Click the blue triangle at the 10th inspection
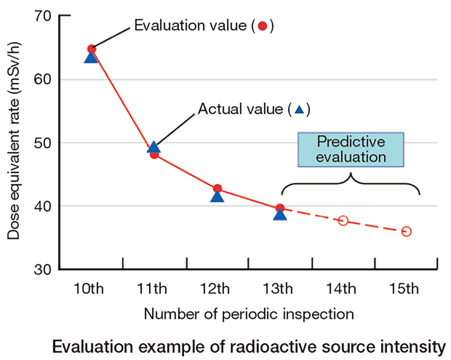pyautogui.click(x=91, y=57)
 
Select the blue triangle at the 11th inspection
pyautogui.click(x=154, y=148)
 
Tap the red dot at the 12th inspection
pyautogui.click(x=218, y=188)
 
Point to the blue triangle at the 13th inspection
pyautogui.click(x=280, y=215)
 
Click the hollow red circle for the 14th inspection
pyautogui.click(x=343, y=221)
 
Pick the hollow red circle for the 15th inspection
pyautogui.click(x=406, y=231)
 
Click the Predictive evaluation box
pyautogui.click(x=351, y=149)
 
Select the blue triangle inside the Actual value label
pyautogui.click(x=299, y=111)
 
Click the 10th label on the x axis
pyautogui.click(x=91, y=288)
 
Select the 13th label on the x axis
pyautogui.click(x=280, y=288)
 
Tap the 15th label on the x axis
pyautogui.click(x=406, y=288)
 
